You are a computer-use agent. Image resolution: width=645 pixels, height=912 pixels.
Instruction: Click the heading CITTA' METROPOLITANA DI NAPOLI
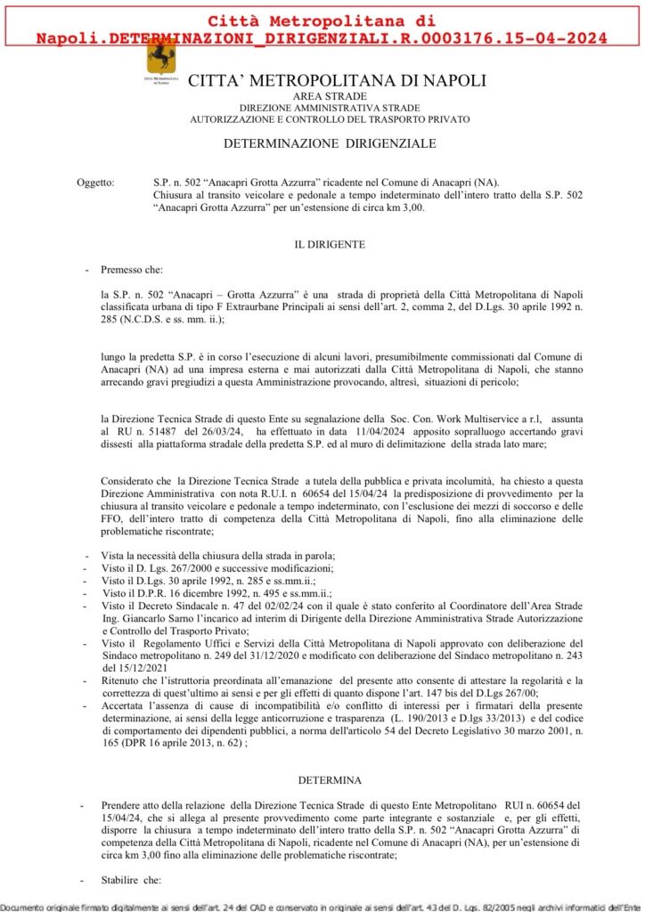337,80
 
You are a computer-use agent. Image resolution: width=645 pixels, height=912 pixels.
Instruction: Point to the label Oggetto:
95,183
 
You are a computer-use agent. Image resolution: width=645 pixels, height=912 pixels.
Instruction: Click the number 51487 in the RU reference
156,429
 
